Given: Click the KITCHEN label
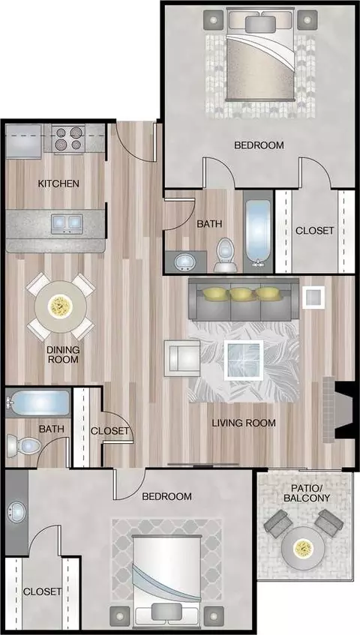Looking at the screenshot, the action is pyautogui.click(x=58, y=184).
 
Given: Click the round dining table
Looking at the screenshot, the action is pyautogui.click(x=61, y=307).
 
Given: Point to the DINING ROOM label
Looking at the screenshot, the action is pyautogui.click(x=63, y=355).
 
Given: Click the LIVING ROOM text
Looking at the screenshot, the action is pyautogui.click(x=244, y=423).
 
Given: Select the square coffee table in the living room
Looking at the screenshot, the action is pyautogui.click(x=244, y=360).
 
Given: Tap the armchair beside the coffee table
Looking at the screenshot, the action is pyautogui.click(x=181, y=358).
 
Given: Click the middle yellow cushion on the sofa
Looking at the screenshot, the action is pyautogui.click(x=242, y=294).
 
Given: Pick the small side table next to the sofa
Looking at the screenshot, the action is pyautogui.click(x=313, y=297).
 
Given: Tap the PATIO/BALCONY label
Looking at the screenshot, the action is pyautogui.click(x=307, y=493).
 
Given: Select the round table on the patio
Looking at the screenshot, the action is pyautogui.click(x=303, y=548).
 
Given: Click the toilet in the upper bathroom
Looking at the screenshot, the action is pyautogui.click(x=226, y=255).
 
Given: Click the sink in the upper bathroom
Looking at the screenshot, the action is pyautogui.click(x=185, y=261).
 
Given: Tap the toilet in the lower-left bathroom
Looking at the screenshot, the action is pyautogui.click(x=23, y=446).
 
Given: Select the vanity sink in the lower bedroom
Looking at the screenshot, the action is pyautogui.click(x=16, y=511).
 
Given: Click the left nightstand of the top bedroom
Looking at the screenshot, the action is pyautogui.click(x=214, y=19).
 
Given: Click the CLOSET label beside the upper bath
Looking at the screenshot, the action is pyautogui.click(x=315, y=230).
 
